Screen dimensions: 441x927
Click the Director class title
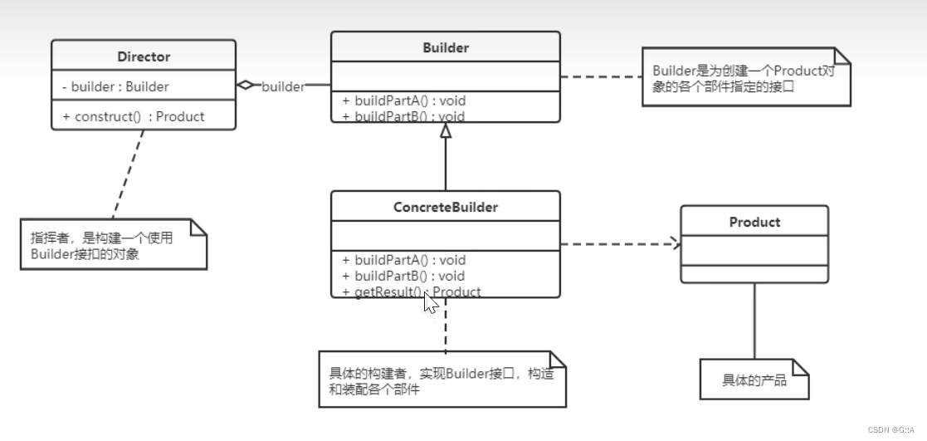(x=143, y=57)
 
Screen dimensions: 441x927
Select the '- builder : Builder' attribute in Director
(x=115, y=86)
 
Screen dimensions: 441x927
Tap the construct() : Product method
(x=134, y=116)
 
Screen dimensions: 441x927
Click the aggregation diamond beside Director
(x=245, y=86)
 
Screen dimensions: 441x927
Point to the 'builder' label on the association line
(x=283, y=86)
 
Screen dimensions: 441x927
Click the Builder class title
(x=446, y=48)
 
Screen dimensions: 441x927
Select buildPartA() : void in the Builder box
(x=403, y=100)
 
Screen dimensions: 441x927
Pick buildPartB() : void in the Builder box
(x=403, y=116)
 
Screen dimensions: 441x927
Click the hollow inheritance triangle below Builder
(x=446, y=130)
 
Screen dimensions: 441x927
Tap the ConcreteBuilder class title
(x=446, y=207)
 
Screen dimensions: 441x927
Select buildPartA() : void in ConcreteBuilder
(x=403, y=260)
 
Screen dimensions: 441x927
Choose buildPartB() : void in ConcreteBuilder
(x=403, y=276)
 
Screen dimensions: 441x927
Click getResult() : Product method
(x=411, y=292)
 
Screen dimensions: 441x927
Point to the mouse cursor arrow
(x=430, y=302)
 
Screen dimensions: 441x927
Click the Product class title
(x=754, y=222)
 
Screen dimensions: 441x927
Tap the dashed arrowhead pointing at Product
(x=676, y=244)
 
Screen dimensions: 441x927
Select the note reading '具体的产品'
(x=754, y=380)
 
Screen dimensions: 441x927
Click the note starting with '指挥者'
(x=113, y=244)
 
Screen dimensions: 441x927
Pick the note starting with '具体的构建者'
(x=442, y=380)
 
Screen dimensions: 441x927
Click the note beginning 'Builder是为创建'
(x=746, y=77)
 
